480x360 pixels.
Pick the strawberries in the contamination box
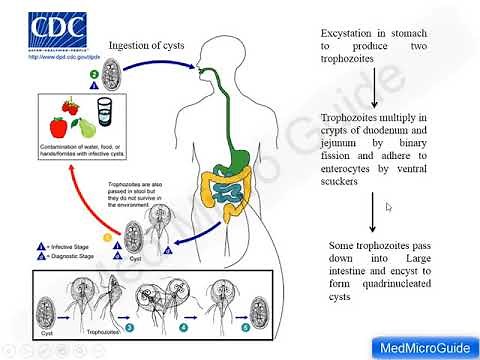pyautogui.click(x=72, y=107)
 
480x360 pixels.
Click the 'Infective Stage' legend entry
pyautogui.click(x=67, y=246)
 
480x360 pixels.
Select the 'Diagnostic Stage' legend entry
pyautogui.click(x=70, y=257)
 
